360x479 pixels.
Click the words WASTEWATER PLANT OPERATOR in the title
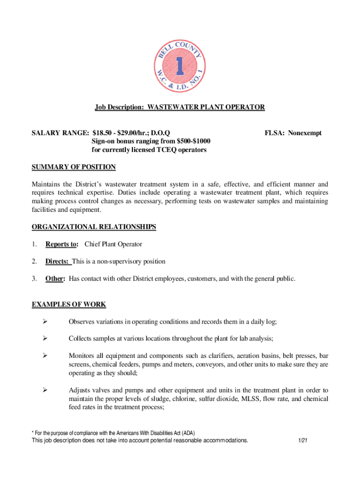coord(206,108)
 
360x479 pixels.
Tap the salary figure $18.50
coord(102,133)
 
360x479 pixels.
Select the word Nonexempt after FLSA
coord(305,133)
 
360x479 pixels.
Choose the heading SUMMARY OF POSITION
coord(73,167)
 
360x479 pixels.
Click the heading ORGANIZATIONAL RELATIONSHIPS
coord(94,227)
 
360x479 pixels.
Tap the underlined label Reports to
coord(61,244)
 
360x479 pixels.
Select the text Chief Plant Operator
coord(113,244)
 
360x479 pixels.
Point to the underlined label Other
coord(55,279)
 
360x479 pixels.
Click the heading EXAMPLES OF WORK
coord(69,305)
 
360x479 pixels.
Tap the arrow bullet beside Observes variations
coord(45,321)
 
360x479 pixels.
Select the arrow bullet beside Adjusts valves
coord(45,390)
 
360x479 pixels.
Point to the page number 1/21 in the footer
coord(302,441)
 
